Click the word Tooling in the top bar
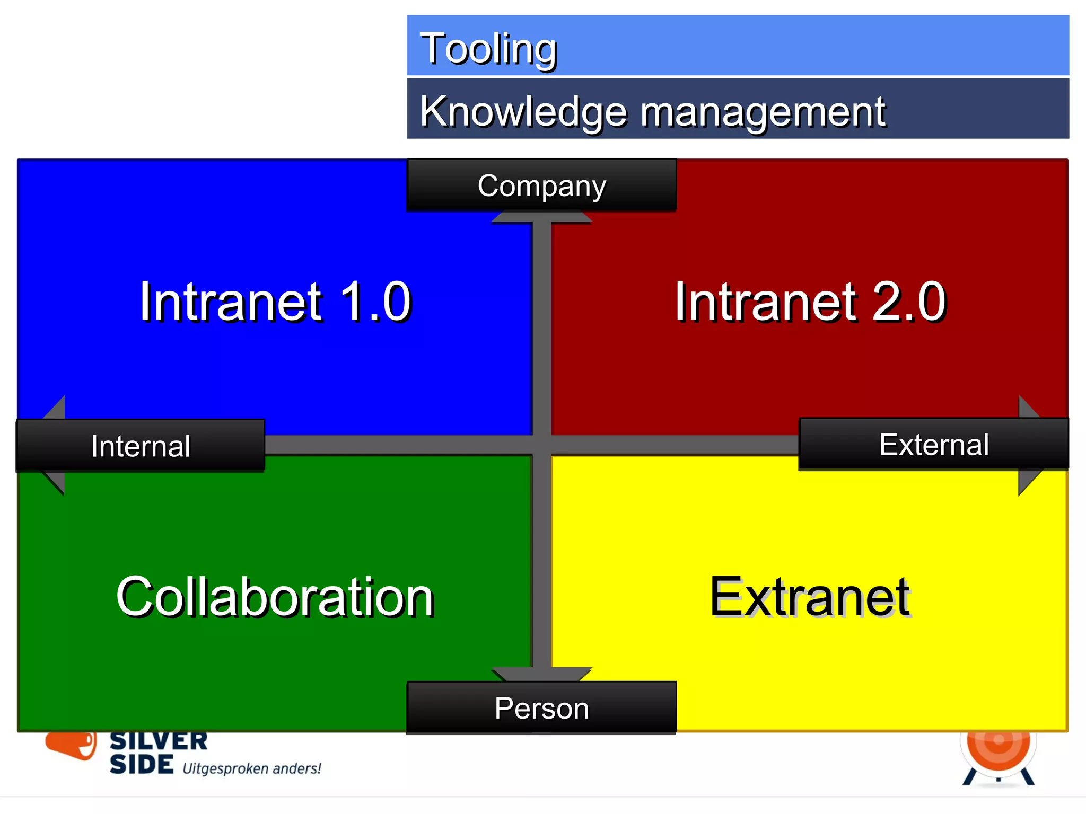point(488,49)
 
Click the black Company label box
point(541,185)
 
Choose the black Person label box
point(541,708)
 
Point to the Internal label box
point(141,446)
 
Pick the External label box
point(933,444)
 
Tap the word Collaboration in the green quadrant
point(275,597)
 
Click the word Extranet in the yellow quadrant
point(810,597)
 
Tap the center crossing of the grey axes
point(541,445)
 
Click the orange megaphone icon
point(72,744)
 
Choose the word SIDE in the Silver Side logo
point(141,764)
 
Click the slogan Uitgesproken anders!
point(251,768)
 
